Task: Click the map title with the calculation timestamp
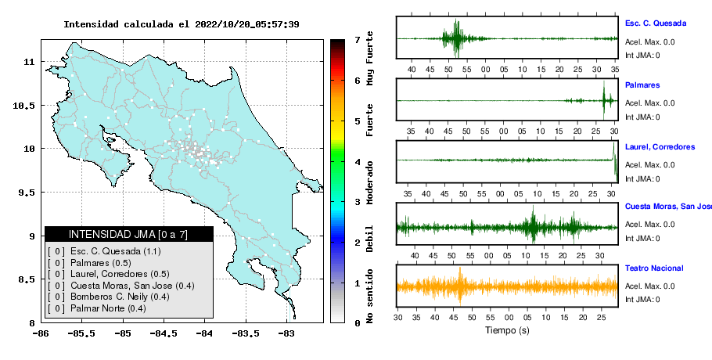(182, 24)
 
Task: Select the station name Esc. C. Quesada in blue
(655, 23)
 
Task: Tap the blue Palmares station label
(642, 85)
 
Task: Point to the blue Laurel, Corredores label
(660, 147)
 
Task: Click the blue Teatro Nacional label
(654, 268)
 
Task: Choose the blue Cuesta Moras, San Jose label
(668, 207)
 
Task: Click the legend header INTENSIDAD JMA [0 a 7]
(128, 234)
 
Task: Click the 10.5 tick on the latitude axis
(23, 106)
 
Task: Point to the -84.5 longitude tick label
(164, 334)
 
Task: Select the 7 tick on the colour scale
(358, 40)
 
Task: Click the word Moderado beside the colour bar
(369, 182)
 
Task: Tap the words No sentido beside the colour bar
(369, 296)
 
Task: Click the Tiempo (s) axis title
(507, 330)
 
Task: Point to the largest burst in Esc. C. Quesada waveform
(456, 38)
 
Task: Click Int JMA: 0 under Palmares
(642, 117)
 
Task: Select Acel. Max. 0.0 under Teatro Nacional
(649, 286)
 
